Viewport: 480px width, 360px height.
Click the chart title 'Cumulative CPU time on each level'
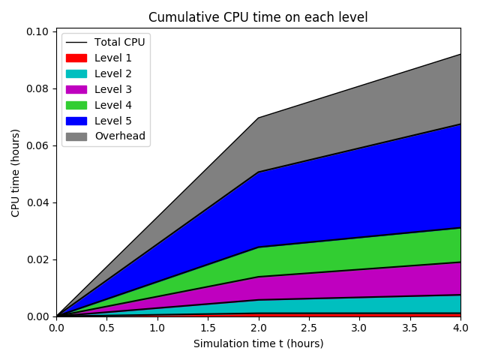pyautogui.click(x=258, y=17)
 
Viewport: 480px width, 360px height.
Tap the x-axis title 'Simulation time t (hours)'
pyautogui.click(x=258, y=344)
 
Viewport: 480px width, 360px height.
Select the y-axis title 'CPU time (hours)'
pyautogui.click(x=16, y=172)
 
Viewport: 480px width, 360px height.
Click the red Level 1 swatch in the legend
pyautogui.click(x=76, y=58)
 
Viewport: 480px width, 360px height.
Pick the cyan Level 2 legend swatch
pyautogui.click(x=76, y=73)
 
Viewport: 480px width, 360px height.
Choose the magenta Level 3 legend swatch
pyautogui.click(x=76, y=89)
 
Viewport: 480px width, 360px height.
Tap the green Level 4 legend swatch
pyautogui.click(x=76, y=105)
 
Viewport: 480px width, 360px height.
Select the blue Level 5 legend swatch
pyautogui.click(x=76, y=121)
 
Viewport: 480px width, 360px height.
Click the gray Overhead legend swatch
pyautogui.click(x=76, y=136)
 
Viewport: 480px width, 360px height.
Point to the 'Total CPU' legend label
pyautogui.click(x=119, y=42)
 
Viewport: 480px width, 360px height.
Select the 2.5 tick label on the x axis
pyautogui.click(x=309, y=328)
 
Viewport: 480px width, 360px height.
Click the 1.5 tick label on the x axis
pyautogui.click(x=208, y=328)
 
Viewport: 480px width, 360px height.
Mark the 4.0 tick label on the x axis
pyautogui.click(x=460, y=328)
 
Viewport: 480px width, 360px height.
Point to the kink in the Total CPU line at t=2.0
pyautogui.click(x=259, y=118)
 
